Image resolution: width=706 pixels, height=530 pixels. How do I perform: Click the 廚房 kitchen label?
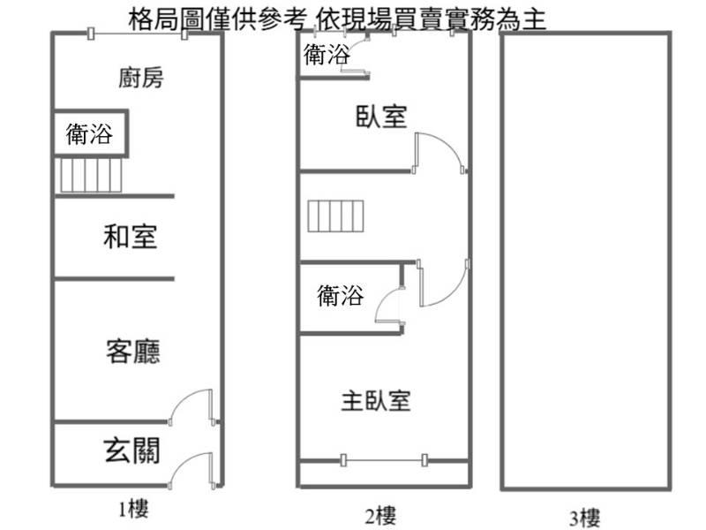141,78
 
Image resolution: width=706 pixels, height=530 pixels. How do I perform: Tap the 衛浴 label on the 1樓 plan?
89,134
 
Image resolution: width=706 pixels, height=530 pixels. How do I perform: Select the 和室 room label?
130,237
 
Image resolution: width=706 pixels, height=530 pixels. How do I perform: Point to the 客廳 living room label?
133,352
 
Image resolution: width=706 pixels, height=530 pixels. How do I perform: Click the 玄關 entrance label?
131,450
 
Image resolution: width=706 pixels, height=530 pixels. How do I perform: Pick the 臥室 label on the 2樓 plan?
381,117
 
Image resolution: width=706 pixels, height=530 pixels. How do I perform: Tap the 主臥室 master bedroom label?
376,401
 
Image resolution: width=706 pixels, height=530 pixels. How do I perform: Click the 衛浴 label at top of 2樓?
327,55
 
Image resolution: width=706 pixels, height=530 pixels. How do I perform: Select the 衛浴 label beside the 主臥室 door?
341,296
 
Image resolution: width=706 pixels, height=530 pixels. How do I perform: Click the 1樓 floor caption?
133,510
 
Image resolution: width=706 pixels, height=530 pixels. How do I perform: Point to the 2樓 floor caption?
380,516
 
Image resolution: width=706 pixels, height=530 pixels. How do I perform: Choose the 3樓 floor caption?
584,518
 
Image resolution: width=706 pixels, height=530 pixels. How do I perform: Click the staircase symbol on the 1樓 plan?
91,175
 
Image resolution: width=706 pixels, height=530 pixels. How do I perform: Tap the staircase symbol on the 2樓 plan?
335,216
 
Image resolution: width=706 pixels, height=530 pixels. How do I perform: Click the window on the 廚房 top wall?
138,34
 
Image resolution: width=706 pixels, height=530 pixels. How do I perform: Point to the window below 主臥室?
383,460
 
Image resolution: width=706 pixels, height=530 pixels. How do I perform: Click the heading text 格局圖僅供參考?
218,19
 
